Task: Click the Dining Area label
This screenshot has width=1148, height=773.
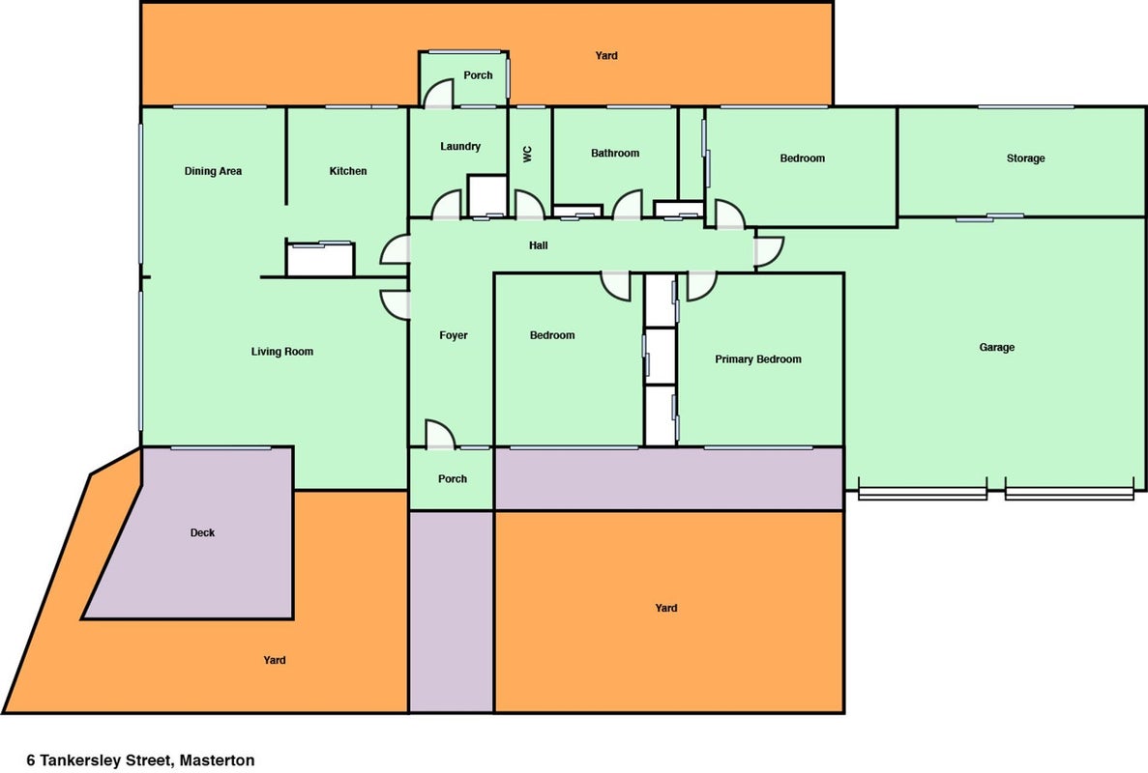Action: point(213,171)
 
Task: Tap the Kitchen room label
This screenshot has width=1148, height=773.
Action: point(348,171)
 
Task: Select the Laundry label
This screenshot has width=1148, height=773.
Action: point(460,146)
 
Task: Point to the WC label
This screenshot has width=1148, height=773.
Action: point(528,154)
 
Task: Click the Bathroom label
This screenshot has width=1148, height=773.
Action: point(615,153)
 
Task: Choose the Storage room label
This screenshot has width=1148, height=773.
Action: point(1025,157)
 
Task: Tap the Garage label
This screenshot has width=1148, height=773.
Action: point(996,348)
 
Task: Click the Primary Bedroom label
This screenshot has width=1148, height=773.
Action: point(758,359)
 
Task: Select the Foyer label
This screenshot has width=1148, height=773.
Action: point(454,335)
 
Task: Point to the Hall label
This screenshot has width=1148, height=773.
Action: point(538,245)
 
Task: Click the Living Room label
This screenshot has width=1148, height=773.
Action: point(281,352)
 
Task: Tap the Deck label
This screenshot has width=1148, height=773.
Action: point(202,532)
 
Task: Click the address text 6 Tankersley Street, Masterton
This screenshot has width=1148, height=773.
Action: point(140,759)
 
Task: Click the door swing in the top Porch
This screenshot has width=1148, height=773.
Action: point(438,93)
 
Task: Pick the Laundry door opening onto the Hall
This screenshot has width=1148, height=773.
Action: point(447,205)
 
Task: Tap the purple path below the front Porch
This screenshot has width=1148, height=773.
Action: point(451,612)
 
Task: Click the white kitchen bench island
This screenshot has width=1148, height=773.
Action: point(320,259)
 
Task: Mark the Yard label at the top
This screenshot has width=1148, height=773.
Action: point(606,56)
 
